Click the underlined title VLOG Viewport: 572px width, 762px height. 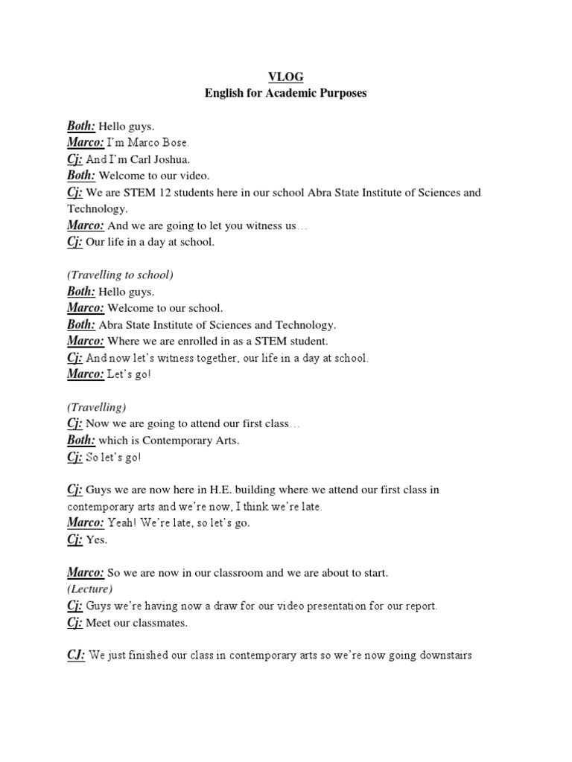(286, 76)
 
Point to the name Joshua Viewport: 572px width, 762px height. (177, 159)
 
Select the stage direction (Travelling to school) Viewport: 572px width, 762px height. (120, 275)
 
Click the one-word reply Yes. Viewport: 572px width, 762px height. (97, 540)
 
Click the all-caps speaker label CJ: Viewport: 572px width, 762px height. (76, 656)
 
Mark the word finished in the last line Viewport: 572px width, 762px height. (153, 656)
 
